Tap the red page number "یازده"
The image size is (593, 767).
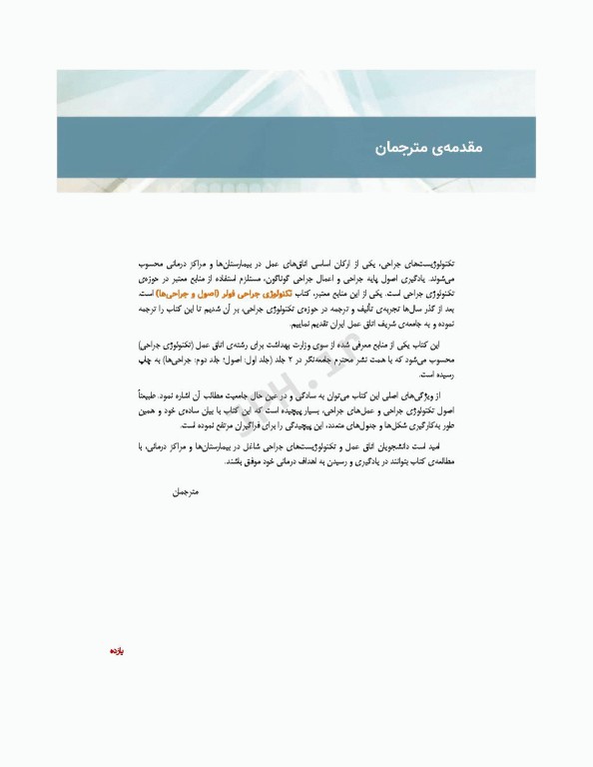[x=116, y=651]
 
